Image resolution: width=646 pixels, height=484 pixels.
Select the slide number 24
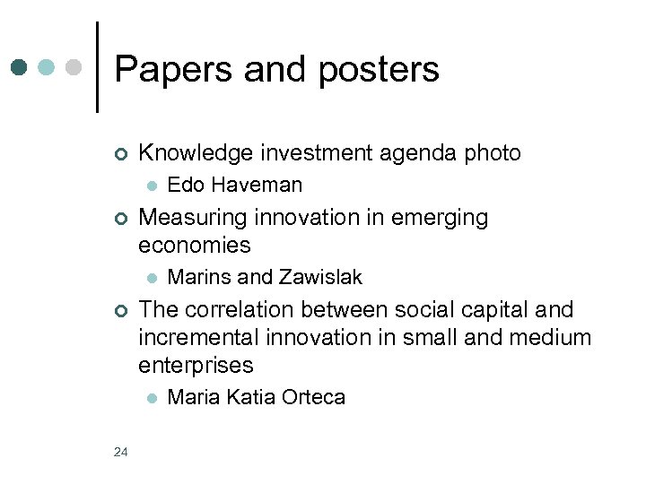(121, 451)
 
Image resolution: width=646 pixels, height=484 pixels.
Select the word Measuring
(194, 218)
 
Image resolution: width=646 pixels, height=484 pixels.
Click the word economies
(195, 245)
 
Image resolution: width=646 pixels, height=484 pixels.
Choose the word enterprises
(196, 365)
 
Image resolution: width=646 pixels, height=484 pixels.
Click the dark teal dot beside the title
(21, 67)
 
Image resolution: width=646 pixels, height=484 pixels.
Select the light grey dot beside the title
(75, 67)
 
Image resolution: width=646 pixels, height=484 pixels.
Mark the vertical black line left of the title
(97, 67)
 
